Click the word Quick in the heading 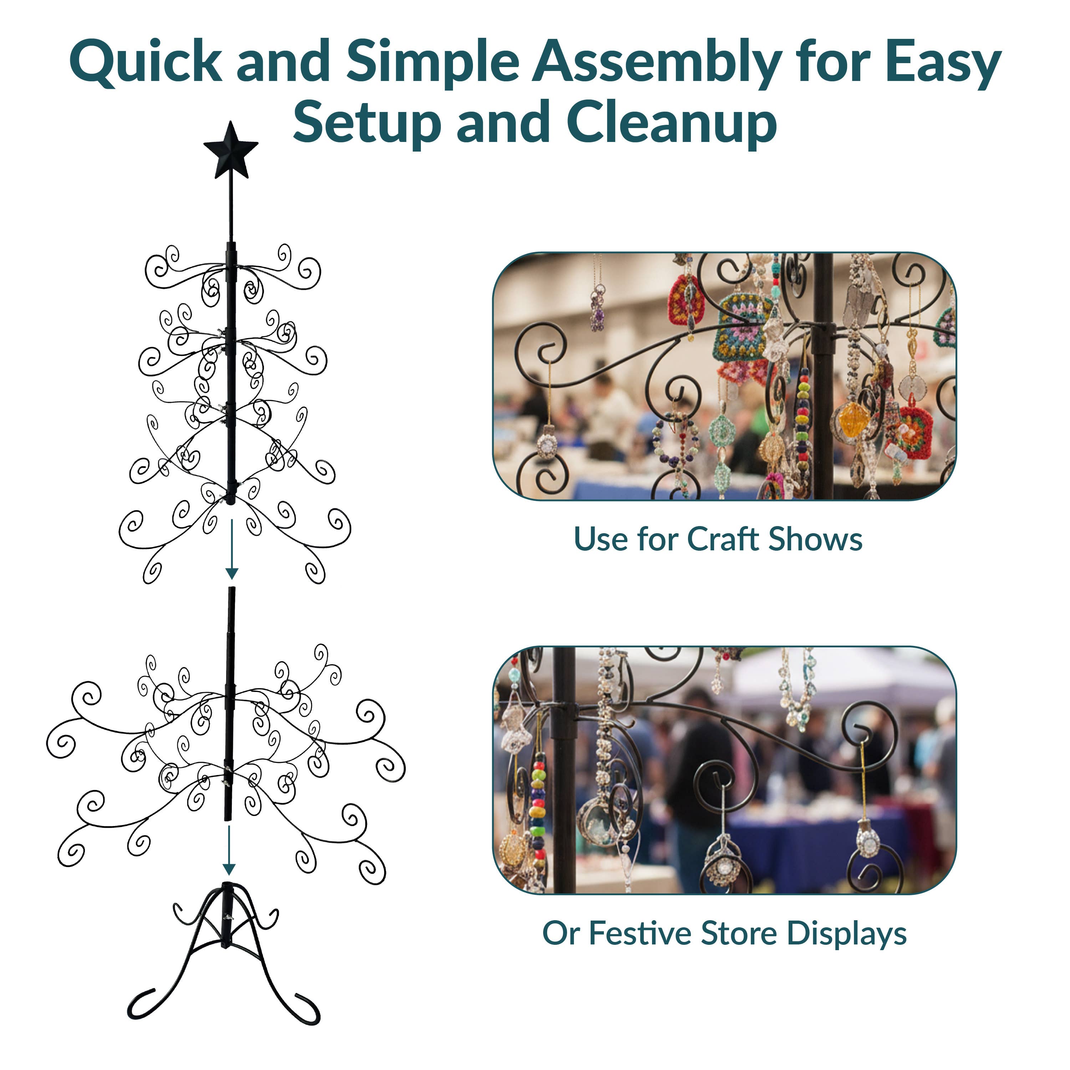click(145, 62)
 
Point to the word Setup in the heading click(366, 123)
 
